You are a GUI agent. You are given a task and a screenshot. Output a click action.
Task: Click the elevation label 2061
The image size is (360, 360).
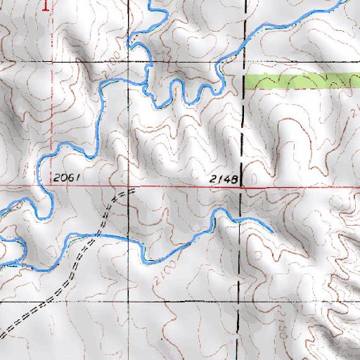point(63,179)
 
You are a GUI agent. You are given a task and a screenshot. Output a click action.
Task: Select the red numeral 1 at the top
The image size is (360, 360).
point(47,6)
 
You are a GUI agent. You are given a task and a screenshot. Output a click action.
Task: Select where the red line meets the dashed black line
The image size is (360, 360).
point(243,188)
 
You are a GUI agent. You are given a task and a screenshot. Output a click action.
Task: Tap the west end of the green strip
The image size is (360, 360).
point(245,82)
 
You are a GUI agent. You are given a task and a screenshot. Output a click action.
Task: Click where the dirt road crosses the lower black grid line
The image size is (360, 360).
point(44,301)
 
